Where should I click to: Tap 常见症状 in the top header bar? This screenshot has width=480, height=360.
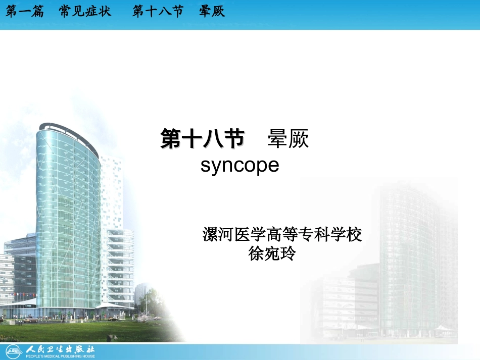pyautogui.click(x=85, y=11)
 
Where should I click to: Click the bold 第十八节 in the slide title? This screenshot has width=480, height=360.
pyautogui.click(x=202, y=139)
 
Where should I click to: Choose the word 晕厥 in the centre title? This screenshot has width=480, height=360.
pyautogui.click(x=288, y=139)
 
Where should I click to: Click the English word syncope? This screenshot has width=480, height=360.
pyautogui.click(x=239, y=165)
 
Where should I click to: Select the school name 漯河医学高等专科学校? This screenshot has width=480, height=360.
pyautogui.click(x=282, y=235)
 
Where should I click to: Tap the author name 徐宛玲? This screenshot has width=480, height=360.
pyautogui.click(x=272, y=252)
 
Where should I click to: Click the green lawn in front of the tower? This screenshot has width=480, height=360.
pyautogui.click(x=76, y=331)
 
